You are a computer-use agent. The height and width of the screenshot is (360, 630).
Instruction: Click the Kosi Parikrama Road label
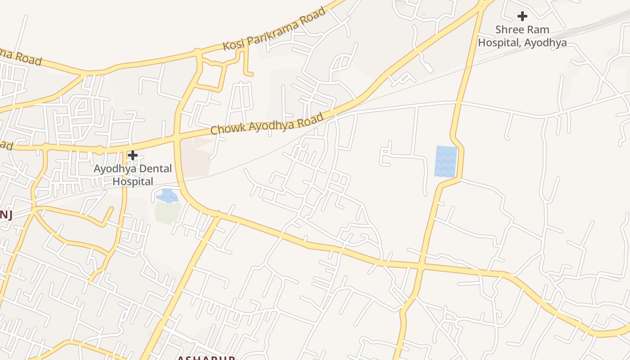click(274, 29)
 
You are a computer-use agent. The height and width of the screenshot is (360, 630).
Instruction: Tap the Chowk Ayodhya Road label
click(267, 124)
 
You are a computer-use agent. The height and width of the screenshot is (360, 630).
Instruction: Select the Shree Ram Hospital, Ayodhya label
click(522, 36)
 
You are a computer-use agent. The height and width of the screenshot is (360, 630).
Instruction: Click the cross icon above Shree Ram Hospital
click(522, 17)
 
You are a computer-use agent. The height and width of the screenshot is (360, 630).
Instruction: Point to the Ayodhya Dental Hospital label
click(133, 175)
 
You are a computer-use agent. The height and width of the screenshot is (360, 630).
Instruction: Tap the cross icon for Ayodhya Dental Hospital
click(133, 156)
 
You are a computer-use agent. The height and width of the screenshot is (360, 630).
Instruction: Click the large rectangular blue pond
click(445, 161)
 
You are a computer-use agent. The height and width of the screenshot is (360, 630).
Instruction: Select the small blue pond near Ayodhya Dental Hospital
click(166, 196)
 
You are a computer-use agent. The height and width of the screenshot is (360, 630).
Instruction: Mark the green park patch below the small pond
click(168, 212)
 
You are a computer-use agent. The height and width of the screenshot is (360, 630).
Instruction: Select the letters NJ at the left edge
click(5, 215)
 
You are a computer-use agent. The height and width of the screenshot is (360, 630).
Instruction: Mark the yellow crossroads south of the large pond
click(421, 266)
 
